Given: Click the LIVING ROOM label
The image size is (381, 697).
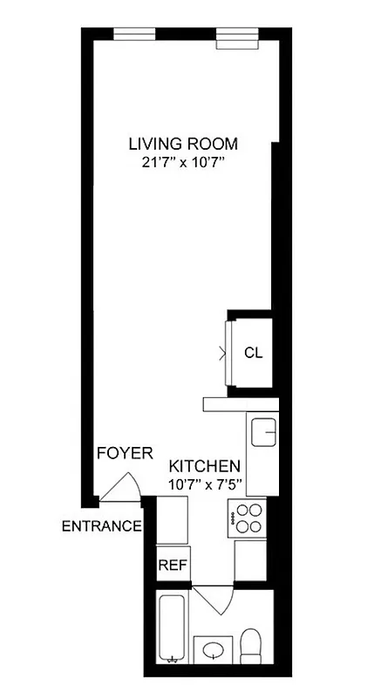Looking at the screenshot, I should (x=182, y=143).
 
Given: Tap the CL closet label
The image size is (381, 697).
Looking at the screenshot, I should (x=253, y=353).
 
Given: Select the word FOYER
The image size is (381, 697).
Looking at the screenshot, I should (x=125, y=453).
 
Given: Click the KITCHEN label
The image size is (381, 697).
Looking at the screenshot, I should (x=204, y=465).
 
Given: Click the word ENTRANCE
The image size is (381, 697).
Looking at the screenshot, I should (x=101, y=525).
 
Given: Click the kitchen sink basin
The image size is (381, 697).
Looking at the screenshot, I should (x=262, y=430).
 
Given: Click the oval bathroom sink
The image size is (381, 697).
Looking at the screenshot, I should (x=214, y=649).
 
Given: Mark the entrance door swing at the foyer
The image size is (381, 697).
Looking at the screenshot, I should (x=121, y=488).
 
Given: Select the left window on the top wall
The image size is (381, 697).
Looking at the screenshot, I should (x=134, y=34).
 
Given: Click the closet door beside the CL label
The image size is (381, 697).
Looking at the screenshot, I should (x=226, y=353).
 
